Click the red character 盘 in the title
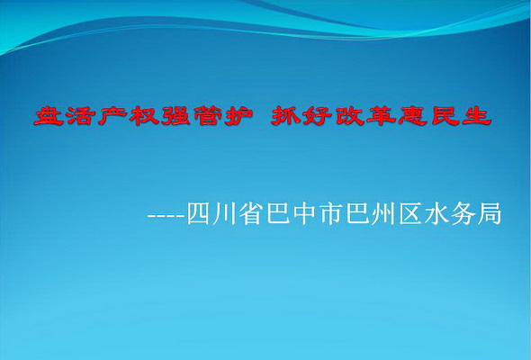pyautogui.click(x=49, y=116)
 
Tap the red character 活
pyautogui.click(x=81, y=116)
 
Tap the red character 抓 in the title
pyautogui.click(x=286, y=116)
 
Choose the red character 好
pyautogui.click(x=318, y=116)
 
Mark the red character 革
pyautogui.click(x=382, y=116)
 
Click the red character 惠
pyautogui.click(x=413, y=116)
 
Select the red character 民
pyautogui.click(x=445, y=116)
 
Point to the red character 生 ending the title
pyautogui.click(x=476, y=116)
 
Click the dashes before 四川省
pyautogui.click(x=166, y=216)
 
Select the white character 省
pyautogui.click(x=252, y=213)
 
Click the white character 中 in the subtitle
pyautogui.click(x=304, y=213)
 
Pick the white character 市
pyautogui.click(x=331, y=213)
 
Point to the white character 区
pyautogui.click(x=410, y=213)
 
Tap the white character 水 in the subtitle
pyautogui.click(x=436, y=213)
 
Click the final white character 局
pyautogui.click(x=489, y=213)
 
